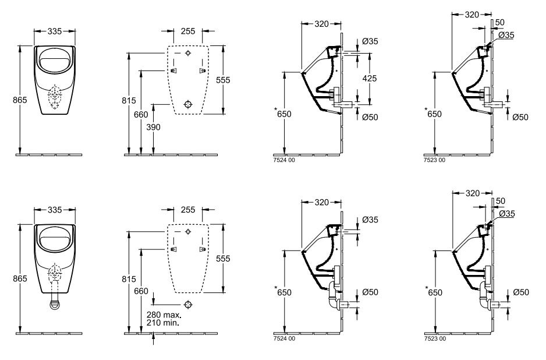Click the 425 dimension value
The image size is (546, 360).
370,78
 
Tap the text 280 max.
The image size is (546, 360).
164,315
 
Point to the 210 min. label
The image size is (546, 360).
163,322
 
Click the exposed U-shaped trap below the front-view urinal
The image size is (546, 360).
56,303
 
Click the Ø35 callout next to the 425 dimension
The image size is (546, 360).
370,41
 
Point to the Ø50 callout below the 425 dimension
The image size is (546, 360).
370,117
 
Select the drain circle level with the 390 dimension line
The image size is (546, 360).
187,104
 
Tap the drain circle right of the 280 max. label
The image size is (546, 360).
187,304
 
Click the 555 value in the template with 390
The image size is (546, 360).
223,79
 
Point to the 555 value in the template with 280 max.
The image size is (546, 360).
223,258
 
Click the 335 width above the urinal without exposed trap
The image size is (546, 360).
56,31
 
